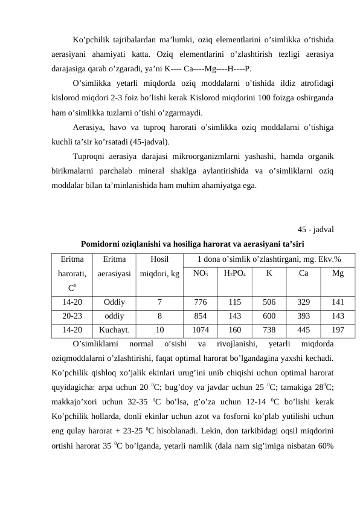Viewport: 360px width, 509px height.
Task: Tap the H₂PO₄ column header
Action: coord(235,273)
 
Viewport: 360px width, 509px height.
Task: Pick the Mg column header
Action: coord(338,273)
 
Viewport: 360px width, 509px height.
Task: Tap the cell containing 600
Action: coord(269,316)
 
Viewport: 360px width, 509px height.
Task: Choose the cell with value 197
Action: coord(338,329)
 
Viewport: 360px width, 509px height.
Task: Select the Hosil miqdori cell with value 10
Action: coord(159,329)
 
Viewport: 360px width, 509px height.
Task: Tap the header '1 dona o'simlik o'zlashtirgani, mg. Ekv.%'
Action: coord(269,259)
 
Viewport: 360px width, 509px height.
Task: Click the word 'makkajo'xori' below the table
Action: coord(74,399)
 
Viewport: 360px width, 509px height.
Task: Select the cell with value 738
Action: coord(269,329)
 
